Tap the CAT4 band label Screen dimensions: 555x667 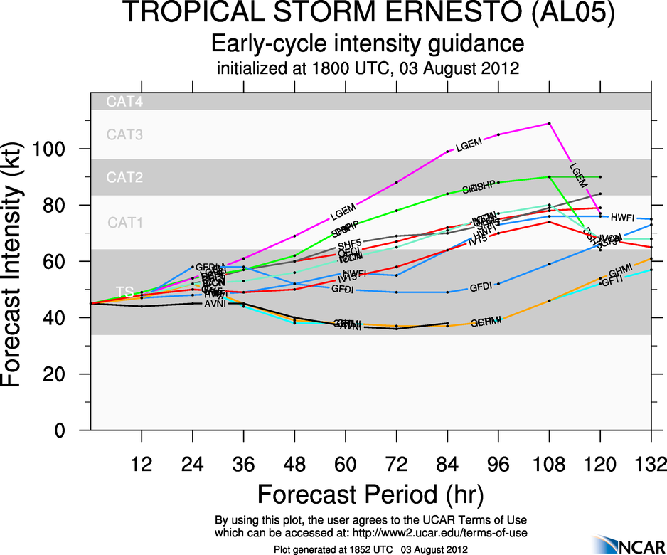(124, 102)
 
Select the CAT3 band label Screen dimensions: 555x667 (124, 134)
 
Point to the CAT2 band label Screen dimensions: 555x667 (124, 177)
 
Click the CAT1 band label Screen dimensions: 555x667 (125, 223)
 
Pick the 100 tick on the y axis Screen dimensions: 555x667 (57, 149)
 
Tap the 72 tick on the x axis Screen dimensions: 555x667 (396, 466)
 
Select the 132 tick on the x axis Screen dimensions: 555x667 (651, 466)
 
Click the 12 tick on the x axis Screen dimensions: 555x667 (142, 466)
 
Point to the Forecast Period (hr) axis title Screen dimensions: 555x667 (370, 493)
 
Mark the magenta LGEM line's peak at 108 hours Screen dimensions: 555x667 (549, 123)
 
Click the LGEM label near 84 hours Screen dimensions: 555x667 (469, 144)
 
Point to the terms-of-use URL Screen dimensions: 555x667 (427, 533)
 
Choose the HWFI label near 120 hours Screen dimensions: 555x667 (622, 216)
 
